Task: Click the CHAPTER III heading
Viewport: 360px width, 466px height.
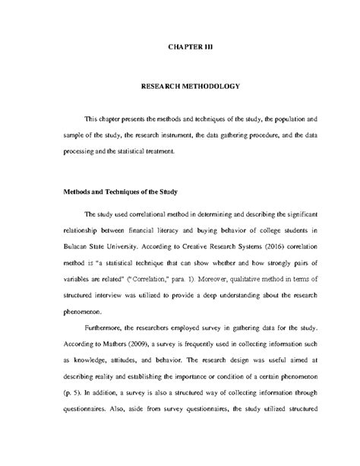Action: pyautogui.click(x=190, y=46)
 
